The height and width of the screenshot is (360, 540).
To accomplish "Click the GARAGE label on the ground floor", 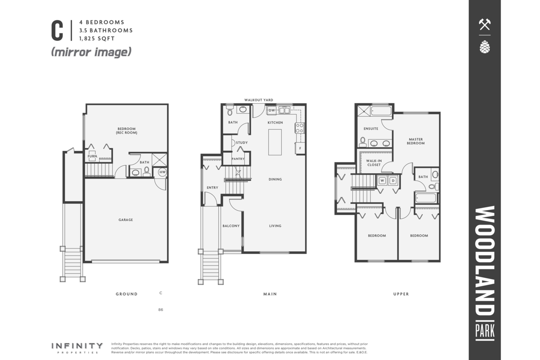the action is pos(126,220).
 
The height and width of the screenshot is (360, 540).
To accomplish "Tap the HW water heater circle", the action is pos(162,172).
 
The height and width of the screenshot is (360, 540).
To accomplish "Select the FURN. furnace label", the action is pos(93,156).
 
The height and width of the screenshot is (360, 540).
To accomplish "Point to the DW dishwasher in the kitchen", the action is pos(272,110).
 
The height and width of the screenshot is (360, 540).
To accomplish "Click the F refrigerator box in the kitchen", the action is pos(300,148).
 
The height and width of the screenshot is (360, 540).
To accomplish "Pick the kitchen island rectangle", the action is pos(275,142).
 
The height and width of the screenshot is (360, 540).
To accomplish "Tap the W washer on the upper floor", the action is pos(382,180).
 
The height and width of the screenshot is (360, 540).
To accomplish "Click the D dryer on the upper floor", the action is pos(393,180).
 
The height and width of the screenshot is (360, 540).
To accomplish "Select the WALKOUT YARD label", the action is pos(259,100).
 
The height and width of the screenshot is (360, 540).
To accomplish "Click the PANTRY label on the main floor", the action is pos(238,159).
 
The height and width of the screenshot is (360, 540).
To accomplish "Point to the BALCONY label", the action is pos(231,226).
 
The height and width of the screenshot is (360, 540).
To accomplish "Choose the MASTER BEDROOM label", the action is pos(416,141).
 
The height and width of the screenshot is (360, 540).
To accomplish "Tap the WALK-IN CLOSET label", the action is pos(374,163).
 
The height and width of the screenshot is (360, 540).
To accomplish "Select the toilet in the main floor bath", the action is pos(230,111).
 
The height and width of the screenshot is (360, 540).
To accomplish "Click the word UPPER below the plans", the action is pos(401,294).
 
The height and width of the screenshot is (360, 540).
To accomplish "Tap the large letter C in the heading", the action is pos(57,31).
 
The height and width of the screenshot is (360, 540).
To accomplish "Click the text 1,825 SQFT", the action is pos(97,39).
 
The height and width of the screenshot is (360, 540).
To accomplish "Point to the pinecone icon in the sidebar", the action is pos(485,47).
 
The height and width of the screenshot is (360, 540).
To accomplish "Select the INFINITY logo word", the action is pos(77,346).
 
